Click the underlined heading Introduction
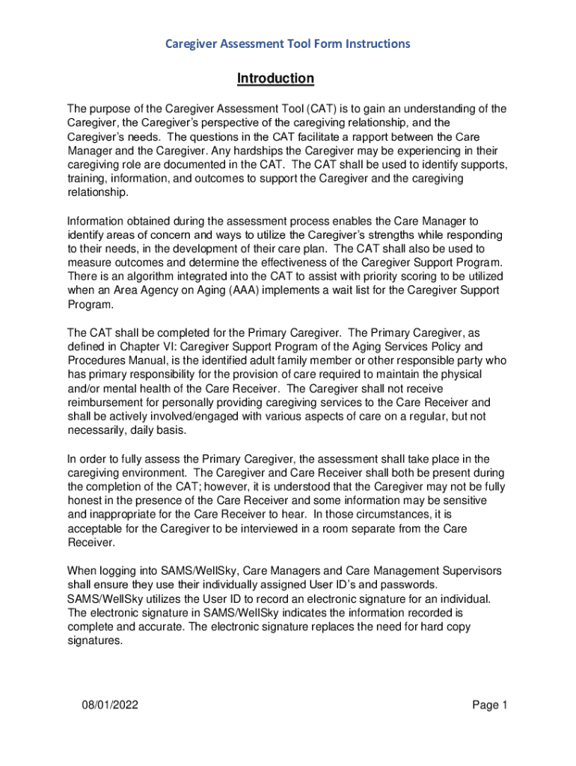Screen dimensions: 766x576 pos(275,79)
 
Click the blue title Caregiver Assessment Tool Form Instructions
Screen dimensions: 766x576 pos(287,43)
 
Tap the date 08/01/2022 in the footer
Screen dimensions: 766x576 pos(111,705)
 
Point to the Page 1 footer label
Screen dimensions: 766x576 pos(490,705)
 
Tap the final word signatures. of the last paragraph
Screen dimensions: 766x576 pos(94,640)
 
